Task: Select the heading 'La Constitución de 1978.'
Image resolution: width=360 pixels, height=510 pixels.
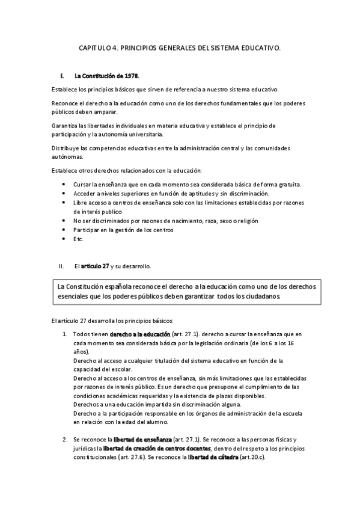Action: [x=106, y=76]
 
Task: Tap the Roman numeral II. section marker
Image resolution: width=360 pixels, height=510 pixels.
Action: [x=61, y=265]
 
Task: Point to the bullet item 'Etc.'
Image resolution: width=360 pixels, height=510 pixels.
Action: [x=78, y=239]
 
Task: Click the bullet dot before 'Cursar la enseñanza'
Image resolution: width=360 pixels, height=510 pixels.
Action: [x=64, y=184]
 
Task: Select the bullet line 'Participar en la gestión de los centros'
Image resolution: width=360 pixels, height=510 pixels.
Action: [x=123, y=230]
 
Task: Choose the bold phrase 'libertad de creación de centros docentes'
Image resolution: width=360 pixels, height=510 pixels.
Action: [x=157, y=449]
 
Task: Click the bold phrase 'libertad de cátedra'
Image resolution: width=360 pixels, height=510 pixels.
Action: [x=213, y=458]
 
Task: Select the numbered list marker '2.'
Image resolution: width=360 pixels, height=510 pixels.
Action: [x=65, y=440]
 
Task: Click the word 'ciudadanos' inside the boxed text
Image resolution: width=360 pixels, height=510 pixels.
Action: [x=258, y=296]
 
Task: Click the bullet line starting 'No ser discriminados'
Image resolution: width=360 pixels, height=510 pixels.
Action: [x=150, y=221]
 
